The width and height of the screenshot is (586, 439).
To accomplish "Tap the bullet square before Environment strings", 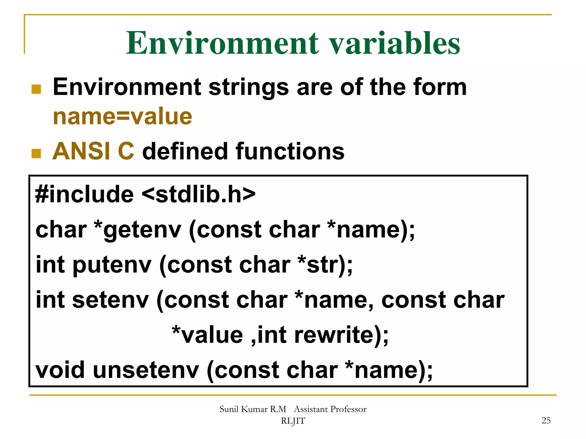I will click(x=36, y=89).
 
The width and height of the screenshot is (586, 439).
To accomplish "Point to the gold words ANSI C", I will click(x=93, y=151).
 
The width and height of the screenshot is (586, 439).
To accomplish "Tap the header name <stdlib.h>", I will click(x=198, y=194).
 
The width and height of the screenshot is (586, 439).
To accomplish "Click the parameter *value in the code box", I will click(x=207, y=335).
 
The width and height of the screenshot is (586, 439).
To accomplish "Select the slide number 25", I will click(x=546, y=420).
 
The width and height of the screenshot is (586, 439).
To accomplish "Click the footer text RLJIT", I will click(x=293, y=421).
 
